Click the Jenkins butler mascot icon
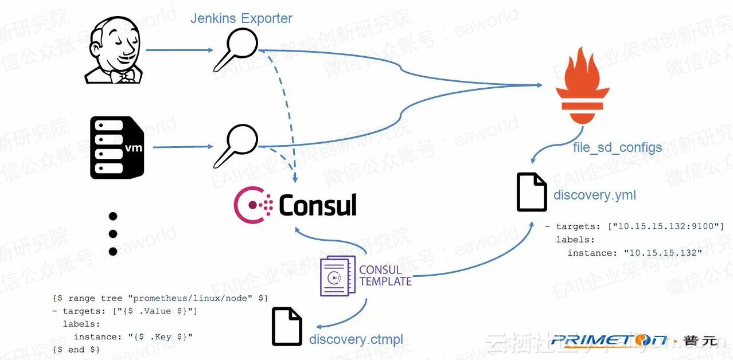(114, 50)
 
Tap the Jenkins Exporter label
(241, 18)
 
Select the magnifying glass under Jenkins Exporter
(236, 50)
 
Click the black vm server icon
(116, 147)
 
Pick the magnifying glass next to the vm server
(236, 147)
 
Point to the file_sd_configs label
(617, 148)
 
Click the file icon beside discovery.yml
(532, 193)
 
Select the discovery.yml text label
(595, 195)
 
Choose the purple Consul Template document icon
(337, 276)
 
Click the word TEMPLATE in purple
(385, 281)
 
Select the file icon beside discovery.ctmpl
(287, 327)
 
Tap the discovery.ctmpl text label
(356, 340)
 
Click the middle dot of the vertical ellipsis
(113, 234)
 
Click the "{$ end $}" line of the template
(76, 349)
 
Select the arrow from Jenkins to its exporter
(179, 50)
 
